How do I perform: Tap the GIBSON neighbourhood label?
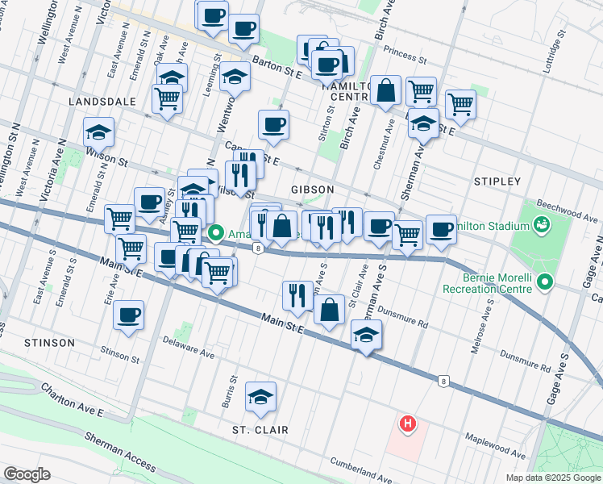click(x=312, y=189)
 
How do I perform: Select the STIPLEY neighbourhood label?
click(x=497, y=181)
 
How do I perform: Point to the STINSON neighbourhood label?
click(x=49, y=343)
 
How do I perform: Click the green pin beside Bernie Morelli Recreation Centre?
click(x=545, y=282)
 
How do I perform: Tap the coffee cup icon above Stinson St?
click(x=128, y=315)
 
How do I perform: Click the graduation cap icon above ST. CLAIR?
click(x=260, y=396)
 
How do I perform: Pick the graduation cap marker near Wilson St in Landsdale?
click(x=99, y=131)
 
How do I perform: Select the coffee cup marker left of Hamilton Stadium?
click(x=441, y=229)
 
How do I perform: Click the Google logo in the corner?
click(x=27, y=474)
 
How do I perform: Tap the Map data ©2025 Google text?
click(x=552, y=478)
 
